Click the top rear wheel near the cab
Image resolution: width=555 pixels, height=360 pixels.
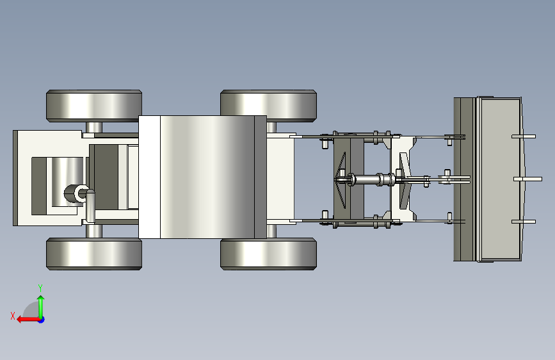[x=94, y=106]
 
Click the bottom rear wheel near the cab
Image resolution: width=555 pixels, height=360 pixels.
[x=94, y=254]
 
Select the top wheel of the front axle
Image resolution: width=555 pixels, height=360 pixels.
[x=268, y=106]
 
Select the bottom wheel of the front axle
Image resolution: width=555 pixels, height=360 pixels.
[x=268, y=254]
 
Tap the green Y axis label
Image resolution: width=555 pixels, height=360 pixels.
[x=40, y=288]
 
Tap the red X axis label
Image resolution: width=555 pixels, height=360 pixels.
[x=13, y=316]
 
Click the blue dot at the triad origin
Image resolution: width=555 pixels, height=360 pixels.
[x=42, y=320]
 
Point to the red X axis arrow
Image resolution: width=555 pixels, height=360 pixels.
[x=28, y=320]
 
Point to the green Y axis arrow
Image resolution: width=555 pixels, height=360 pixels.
[x=41, y=307]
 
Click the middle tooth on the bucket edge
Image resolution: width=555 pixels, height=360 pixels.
[x=527, y=179]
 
